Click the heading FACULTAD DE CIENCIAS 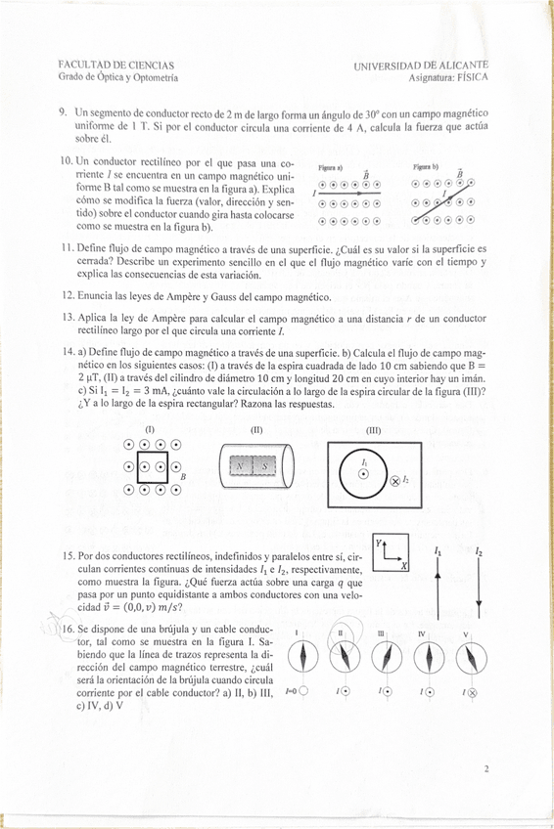[115, 65]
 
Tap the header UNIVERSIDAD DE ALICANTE [421, 65]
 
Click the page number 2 [485, 768]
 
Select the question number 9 [63, 112]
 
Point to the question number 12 [69, 296]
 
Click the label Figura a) [331, 167]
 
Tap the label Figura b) [426, 166]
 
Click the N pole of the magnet [241, 466]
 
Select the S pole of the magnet [264, 466]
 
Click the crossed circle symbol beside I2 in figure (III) [394, 481]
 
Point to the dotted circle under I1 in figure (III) [363, 474]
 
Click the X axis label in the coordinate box [403, 566]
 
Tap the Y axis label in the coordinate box [379, 543]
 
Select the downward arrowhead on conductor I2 [479, 604]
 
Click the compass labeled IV [429, 657]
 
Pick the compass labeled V [471, 658]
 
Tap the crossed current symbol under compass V [472, 692]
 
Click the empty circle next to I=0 [303, 690]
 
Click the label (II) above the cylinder [256, 430]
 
